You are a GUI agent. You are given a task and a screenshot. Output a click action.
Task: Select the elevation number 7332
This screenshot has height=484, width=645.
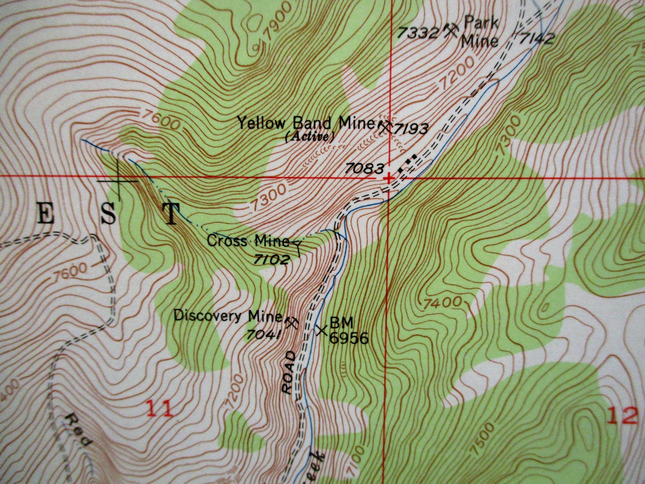(418, 33)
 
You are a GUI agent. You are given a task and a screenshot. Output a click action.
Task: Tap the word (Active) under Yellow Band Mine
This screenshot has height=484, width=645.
(310, 137)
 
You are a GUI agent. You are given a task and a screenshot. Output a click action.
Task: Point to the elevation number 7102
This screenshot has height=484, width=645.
(272, 259)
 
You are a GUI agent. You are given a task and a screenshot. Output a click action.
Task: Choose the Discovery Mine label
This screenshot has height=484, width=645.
(228, 316)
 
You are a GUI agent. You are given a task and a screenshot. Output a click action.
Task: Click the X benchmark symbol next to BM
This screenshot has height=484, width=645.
(322, 330)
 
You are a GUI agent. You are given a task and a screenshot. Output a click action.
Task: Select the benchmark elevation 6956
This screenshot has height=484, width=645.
(348, 338)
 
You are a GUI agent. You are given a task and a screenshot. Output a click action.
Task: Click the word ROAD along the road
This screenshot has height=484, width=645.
(288, 373)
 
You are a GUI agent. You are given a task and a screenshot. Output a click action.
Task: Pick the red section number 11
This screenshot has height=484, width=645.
(159, 408)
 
